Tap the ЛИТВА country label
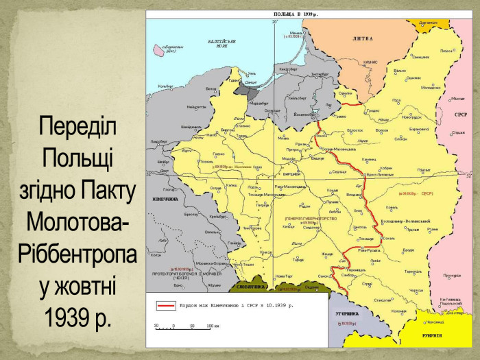pos(363,39)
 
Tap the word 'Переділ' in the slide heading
pos(78,127)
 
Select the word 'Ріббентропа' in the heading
pos(78,253)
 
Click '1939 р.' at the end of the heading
pos(78,316)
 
